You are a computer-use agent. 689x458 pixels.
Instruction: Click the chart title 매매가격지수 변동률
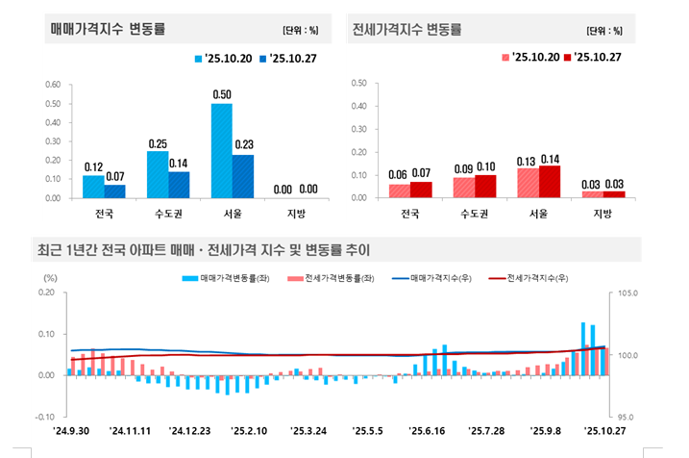click(108, 29)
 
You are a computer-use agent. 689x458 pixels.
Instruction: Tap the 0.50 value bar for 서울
click(222, 150)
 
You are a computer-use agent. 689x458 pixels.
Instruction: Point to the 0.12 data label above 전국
click(93, 166)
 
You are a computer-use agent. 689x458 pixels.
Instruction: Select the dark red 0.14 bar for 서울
click(550, 182)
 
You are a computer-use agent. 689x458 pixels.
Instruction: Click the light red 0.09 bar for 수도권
click(464, 188)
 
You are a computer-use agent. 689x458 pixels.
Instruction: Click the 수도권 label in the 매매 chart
click(168, 213)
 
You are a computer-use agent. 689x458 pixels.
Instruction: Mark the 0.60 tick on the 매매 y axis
click(55, 84)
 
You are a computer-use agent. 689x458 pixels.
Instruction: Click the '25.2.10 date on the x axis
click(248, 430)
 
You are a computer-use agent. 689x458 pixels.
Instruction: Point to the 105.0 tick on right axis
click(627, 293)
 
